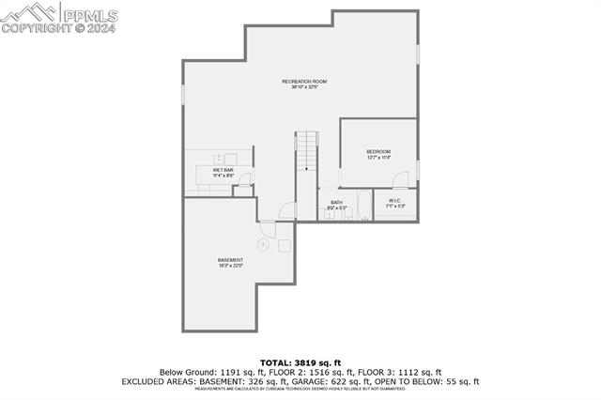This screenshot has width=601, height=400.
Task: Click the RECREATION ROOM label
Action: [304, 82]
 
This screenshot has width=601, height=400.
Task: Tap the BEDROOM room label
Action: [378, 151]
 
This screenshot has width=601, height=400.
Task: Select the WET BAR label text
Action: [223, 170]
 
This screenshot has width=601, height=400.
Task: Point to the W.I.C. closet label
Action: [394, 200]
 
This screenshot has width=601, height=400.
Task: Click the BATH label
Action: [336, 202]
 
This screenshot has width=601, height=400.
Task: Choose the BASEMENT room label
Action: [230, 260]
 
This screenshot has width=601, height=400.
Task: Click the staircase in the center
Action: [308, 151]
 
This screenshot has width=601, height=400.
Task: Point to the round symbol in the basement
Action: [264, 245]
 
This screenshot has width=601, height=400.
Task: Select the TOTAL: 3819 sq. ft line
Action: [300, 362]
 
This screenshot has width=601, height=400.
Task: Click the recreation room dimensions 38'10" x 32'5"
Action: [304, 88]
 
